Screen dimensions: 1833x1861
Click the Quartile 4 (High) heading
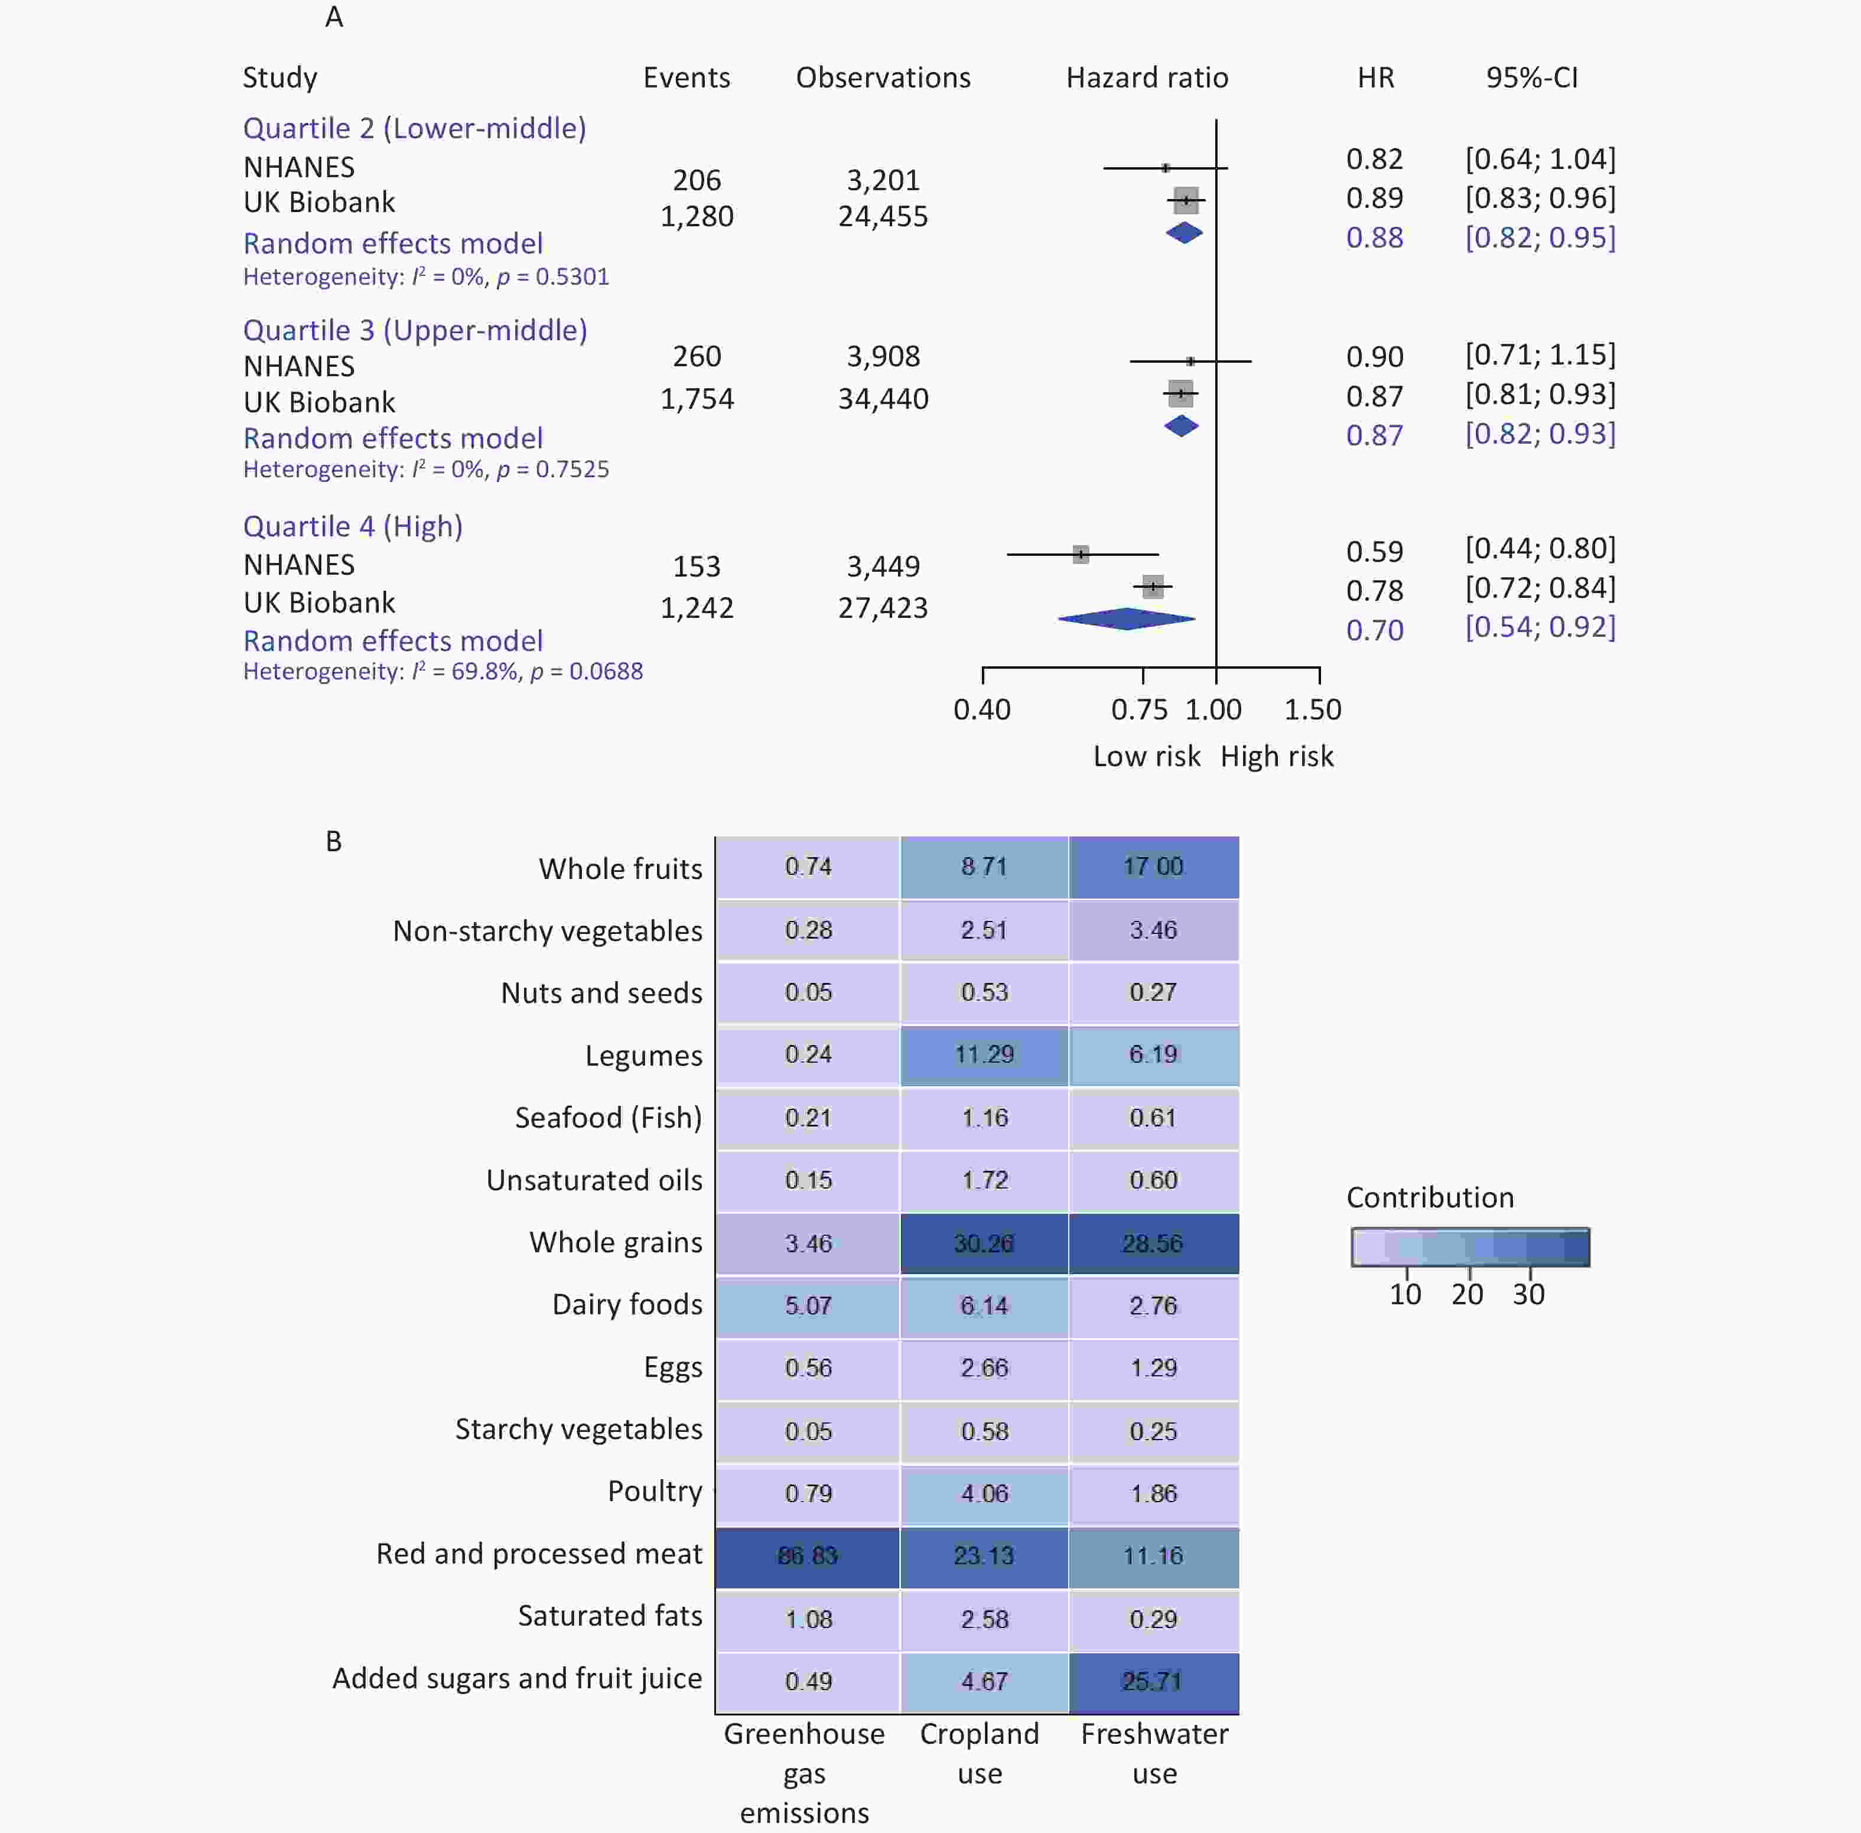(x=352, y=526)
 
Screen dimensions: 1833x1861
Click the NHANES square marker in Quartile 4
(x=1081, y=555)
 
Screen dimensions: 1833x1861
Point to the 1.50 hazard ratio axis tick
(x=1313, y=709)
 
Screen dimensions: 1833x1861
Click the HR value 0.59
(x=1374, y=552)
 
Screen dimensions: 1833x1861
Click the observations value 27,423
(x=883, y=607)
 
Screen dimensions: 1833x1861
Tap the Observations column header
(x=883, y=77)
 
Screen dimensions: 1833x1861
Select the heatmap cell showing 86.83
(x=808, y=1556)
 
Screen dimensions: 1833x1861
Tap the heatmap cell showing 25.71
(x=1153, y=1681)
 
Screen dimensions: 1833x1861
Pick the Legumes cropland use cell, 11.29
(x=984, y=1054)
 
